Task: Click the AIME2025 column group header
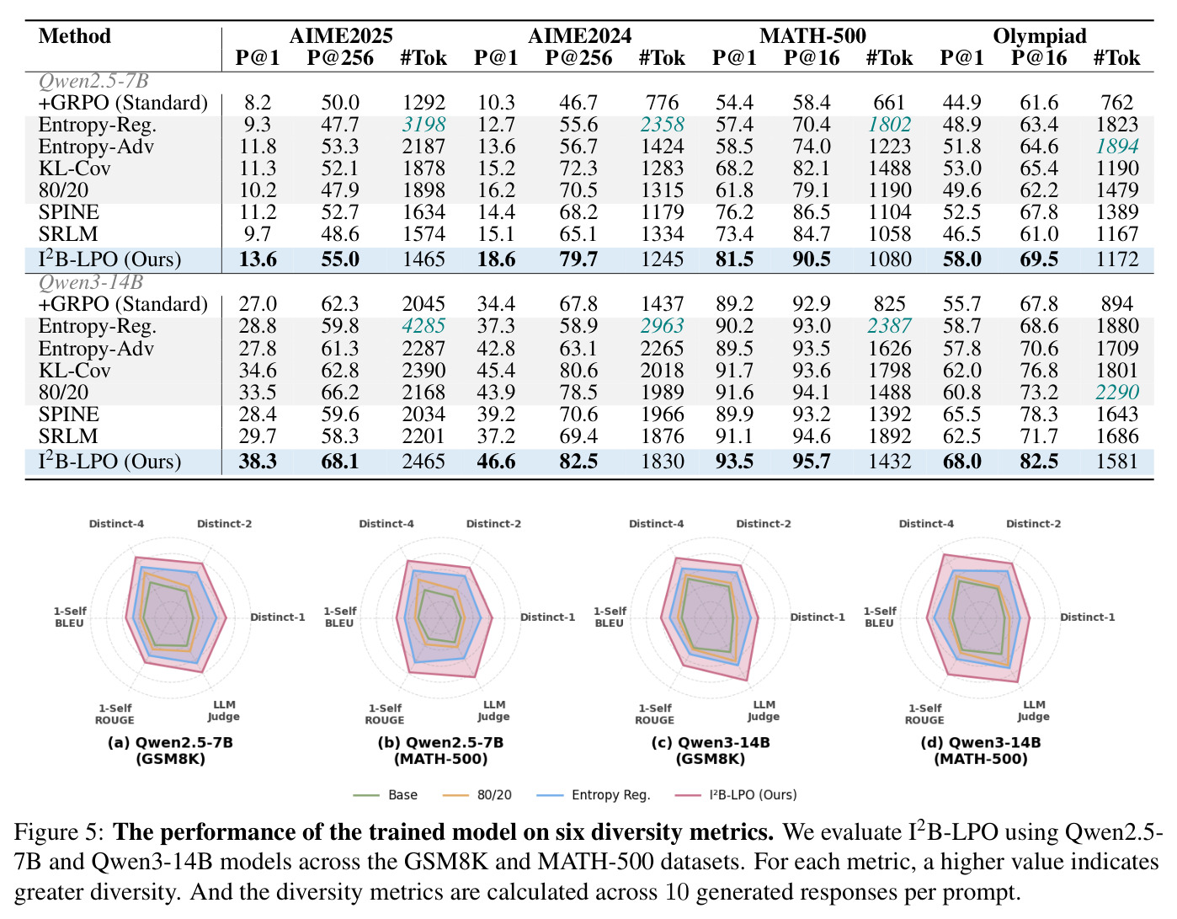(x=341, y=35)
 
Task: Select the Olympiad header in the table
(x=1040, y=35)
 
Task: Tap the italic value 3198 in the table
(x=423, y=124)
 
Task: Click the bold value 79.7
(x=578, y=259)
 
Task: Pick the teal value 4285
(x=423, y=326)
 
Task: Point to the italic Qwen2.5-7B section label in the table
(x=93, y=81)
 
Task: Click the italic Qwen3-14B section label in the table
(x=90, y=282)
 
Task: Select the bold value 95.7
(x=811, y=461)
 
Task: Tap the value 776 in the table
(x=662, y=103)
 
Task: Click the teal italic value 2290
(x=1117, y=392)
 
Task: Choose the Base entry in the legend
(x=385, y=795)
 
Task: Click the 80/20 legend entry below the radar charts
(x=477, y=795)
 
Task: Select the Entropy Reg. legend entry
(x=593, y=795)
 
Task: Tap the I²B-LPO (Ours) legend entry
(x=736, y=795)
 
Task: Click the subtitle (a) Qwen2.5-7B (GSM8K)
(x=170, y=751)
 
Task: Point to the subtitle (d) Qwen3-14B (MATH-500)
(x=980, y=751)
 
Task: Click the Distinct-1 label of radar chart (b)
(x=547, y=617)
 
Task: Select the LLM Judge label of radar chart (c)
(x=763, y=710)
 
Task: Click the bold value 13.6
(x=258, y=259)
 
